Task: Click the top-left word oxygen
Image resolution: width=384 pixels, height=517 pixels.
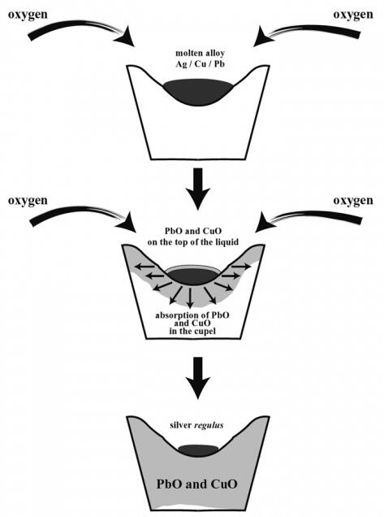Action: coord(28,15)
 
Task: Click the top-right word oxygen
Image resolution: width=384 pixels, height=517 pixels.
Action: coord(353,15)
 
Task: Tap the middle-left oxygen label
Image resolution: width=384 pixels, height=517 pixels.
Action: coord(28,201)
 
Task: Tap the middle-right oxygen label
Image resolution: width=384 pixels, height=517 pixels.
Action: coord(353,201)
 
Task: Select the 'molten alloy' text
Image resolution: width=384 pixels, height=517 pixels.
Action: coord(200,53)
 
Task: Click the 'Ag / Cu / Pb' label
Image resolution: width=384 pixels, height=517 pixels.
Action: coord(200,63)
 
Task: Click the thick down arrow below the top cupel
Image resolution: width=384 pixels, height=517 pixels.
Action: coord(197,189)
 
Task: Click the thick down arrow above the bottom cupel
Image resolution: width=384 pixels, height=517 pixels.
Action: coord(197,378)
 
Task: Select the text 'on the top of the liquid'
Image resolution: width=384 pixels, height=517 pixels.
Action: coord(193,242)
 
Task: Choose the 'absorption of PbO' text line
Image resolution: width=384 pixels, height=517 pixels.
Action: coord(192,315)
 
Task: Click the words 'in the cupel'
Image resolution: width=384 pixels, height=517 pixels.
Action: coord(192,331)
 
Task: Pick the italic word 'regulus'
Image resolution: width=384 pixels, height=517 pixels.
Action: coord(209,425)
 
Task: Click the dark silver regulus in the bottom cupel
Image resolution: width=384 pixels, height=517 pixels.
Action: coord(198,450)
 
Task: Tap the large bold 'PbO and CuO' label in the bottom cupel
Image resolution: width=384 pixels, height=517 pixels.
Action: coord(196,484)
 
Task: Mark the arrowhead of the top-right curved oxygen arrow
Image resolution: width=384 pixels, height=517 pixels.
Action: coord(264,36)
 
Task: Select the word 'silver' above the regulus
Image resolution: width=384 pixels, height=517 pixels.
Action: coord(181,425)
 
